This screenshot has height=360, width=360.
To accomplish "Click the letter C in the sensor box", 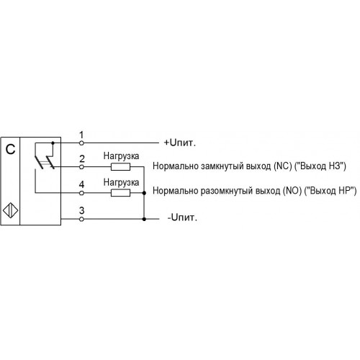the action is click(10, 149).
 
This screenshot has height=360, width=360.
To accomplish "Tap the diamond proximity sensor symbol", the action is click(11, 211).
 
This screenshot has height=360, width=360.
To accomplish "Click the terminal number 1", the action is click(81, 135).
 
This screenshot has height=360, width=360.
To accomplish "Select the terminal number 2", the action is click(82, 158).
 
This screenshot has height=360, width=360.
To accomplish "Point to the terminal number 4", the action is click(81, 184).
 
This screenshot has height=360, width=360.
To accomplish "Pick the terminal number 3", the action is click(81, 210).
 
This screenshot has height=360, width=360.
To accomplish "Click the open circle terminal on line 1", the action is click(81, 143).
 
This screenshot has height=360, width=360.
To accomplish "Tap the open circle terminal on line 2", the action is click(81, 166).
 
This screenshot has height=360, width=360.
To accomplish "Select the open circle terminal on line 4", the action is click(81, 193).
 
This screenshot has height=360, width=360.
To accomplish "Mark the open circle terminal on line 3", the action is click(81, 219).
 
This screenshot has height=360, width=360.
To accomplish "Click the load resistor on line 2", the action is click(120, 166).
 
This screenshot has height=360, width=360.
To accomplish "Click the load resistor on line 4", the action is click(120, 193).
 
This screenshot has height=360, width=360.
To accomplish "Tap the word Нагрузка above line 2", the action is click(121, 156).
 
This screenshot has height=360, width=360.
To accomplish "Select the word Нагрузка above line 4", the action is click(121, 183).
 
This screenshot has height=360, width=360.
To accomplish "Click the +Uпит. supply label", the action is click(180, 143).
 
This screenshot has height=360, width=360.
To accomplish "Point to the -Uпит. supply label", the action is click(182, 217).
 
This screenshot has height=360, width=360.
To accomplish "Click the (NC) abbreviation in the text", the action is click(283, 166).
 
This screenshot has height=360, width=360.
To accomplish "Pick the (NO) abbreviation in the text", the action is click(292, 191).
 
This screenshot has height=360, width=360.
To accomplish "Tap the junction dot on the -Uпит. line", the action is click(144, 219).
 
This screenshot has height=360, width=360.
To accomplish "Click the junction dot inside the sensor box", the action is click(53, 143).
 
